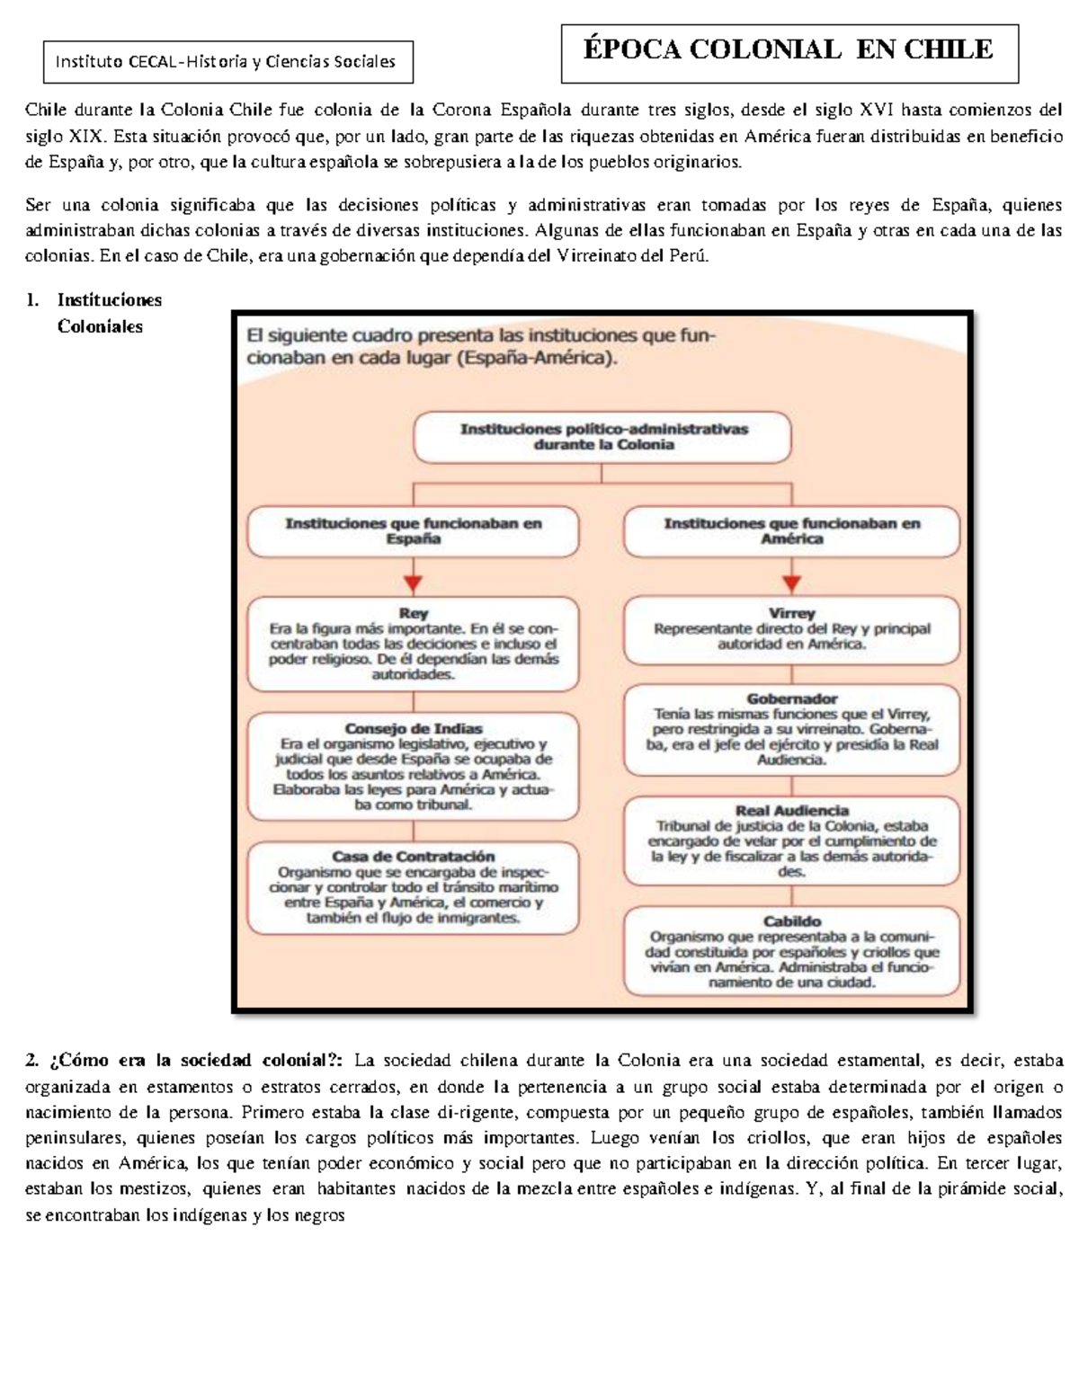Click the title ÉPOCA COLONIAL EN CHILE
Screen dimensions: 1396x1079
(x=789, y=49)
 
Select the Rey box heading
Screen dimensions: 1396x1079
(x=413, y=614)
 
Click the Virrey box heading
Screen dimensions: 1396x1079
(x=791, y=613)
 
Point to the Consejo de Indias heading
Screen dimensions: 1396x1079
(x=413, y=729)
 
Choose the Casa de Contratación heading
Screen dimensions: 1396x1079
(x=413, y=857)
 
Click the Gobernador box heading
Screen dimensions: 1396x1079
(x=791, y=698)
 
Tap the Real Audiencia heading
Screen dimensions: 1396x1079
(x=791, y=811)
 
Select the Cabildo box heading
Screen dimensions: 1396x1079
(x=791, y=921)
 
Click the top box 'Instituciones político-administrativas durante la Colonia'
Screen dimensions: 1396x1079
(x=603, y=438)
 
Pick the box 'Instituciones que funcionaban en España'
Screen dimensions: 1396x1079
(x=413, y=531)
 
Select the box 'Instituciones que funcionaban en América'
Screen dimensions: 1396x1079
(x=791, y=531)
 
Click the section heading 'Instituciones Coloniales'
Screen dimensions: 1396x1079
(x=100, y=313)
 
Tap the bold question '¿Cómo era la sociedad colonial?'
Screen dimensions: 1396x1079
(x=189, y=1061)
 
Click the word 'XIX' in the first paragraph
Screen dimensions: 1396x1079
(x=87, y=137)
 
